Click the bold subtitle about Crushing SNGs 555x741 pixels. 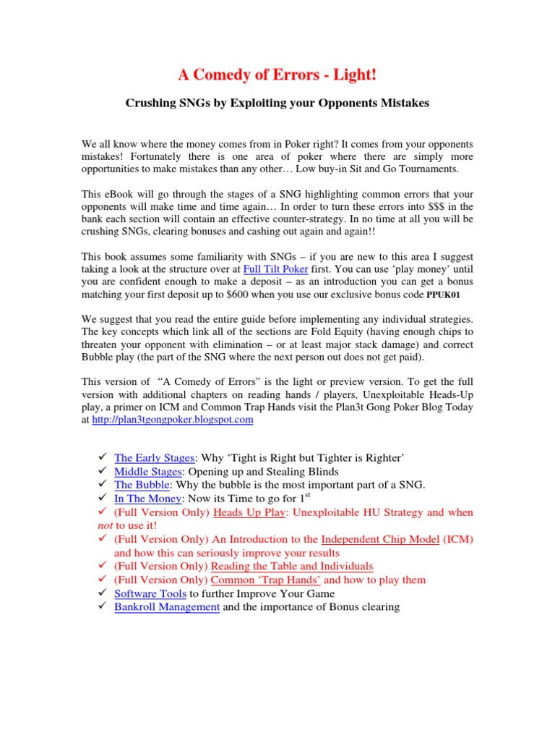coord(277,103)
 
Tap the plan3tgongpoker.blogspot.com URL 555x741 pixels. coord(173,419)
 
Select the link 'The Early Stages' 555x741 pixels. coord(155,458)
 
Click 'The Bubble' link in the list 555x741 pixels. coord(142,485)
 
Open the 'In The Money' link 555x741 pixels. coord(147,499)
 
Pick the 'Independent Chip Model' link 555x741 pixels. coord(380,539)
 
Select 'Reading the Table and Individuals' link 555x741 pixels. coord(292,566)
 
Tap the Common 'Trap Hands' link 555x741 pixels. coord(266,580)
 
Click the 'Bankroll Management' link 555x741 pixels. coord(167,607)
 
